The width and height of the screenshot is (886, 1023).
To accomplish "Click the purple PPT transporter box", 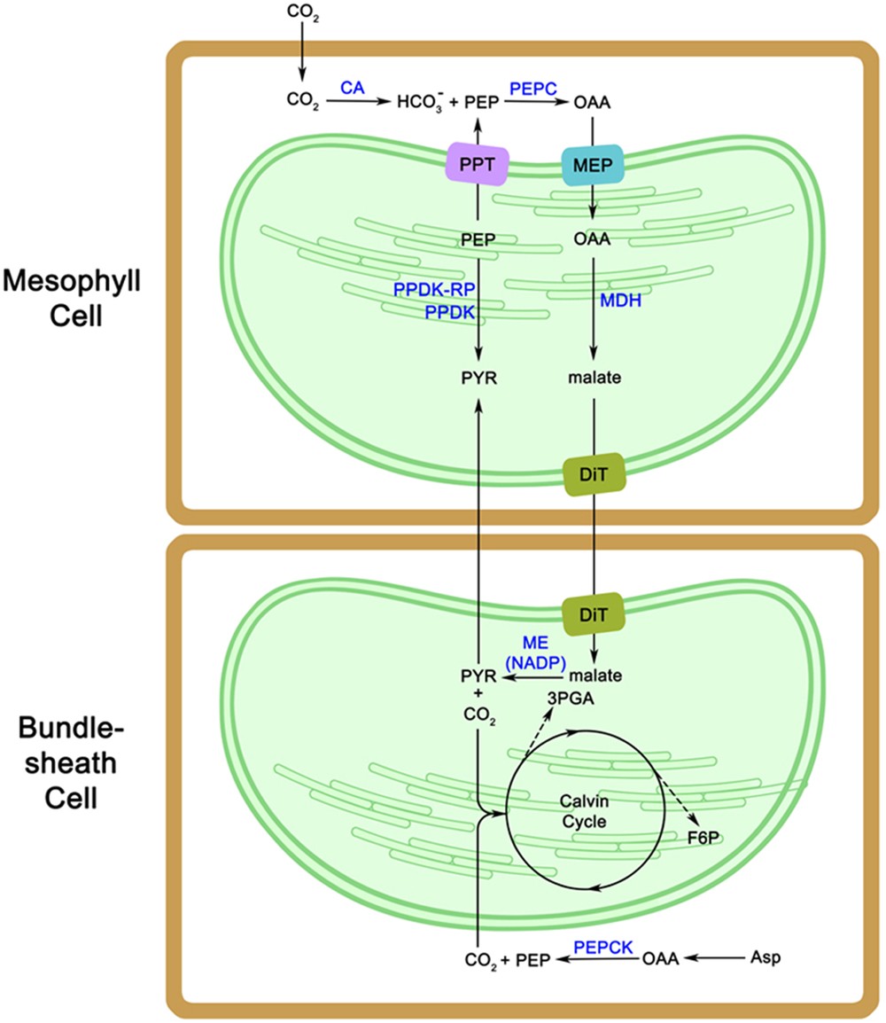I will tap(477, 164).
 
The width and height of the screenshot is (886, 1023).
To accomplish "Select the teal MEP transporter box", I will tap(593, 164).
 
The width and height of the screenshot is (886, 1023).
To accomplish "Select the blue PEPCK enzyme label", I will tap(603, 947).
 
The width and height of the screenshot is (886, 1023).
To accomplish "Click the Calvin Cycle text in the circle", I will tap(583, 811).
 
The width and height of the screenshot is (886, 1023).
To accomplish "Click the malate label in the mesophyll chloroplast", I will tap(593, 378).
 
